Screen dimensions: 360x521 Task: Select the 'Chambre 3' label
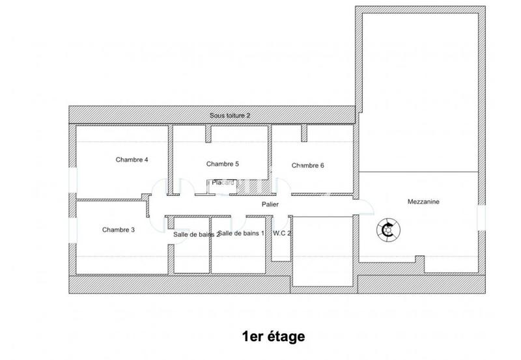119,229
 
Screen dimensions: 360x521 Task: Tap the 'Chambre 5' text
222,163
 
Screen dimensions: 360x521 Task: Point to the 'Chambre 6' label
307,165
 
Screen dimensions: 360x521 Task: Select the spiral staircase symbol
389,228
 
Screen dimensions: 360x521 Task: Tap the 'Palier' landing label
270,204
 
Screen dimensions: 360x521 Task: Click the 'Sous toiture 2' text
230,115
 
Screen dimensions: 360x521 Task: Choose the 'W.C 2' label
282,232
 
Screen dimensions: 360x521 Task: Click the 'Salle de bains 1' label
241,232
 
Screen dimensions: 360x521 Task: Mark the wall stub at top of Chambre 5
208,134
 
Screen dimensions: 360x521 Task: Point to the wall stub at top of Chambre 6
303,133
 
